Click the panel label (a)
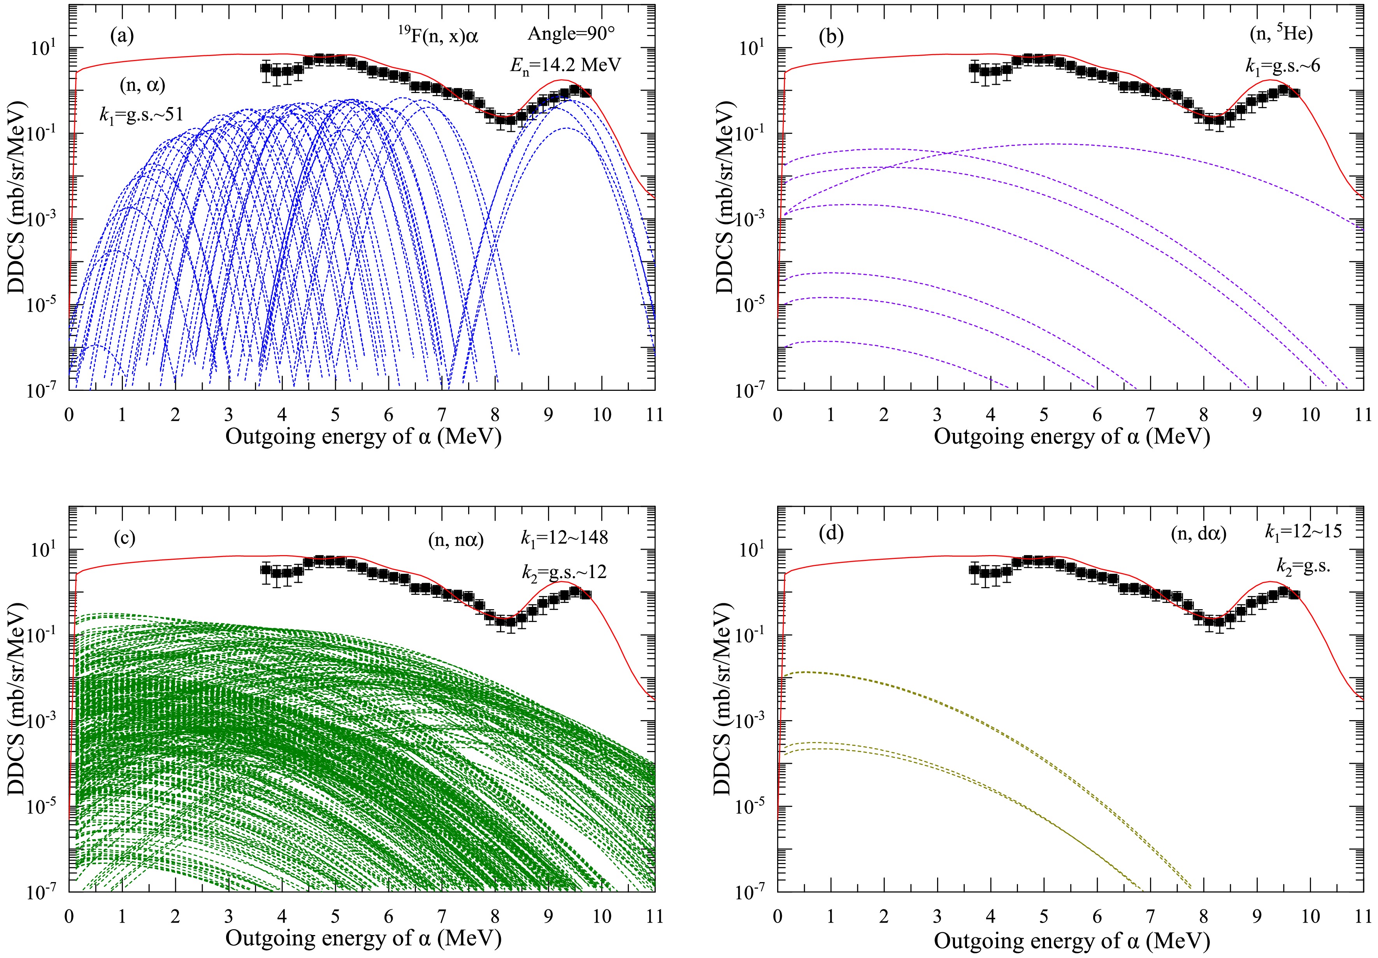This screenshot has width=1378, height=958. click(122, 37)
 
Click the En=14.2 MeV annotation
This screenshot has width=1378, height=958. click(565, 65)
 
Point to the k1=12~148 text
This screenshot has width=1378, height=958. click(564, 537)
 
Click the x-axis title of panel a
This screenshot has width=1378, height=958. click(363, 437)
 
